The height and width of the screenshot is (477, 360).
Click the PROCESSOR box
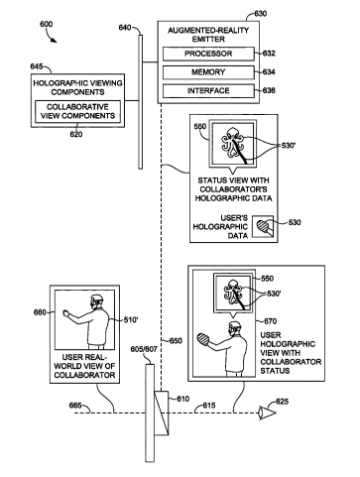(x=208, y=54)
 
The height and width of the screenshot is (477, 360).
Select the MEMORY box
(x=208, y=72)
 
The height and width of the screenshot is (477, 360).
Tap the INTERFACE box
(x=208, y=90)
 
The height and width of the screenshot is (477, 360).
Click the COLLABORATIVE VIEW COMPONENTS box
(x=77, y=111)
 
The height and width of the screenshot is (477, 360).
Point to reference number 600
(x=46, y=24)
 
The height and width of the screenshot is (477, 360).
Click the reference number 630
(x=261, y=14)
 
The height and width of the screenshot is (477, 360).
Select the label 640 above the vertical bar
(x=125, y=28)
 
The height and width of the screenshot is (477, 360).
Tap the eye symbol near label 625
(x=267, y=413)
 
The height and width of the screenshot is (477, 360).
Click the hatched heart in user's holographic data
(x=264, y=227)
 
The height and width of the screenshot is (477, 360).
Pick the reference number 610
(x=182, y=399)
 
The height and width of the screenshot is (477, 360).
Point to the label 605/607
(x=144, y=349)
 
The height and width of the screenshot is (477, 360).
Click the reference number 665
(x=75, y=406)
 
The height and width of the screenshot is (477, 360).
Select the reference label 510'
(x=131, y=319)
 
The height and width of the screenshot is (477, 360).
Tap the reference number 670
(x=270, y=321)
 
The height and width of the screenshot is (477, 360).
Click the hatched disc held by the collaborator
(x=202, y=339)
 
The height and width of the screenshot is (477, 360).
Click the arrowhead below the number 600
(x=54, y=40)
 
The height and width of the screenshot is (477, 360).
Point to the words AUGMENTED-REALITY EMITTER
(x=208, y=35)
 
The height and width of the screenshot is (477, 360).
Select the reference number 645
(x=37, y=66)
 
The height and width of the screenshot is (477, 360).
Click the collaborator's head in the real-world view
(x=96, y=300)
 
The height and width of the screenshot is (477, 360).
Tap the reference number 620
(x=76, y=134)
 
